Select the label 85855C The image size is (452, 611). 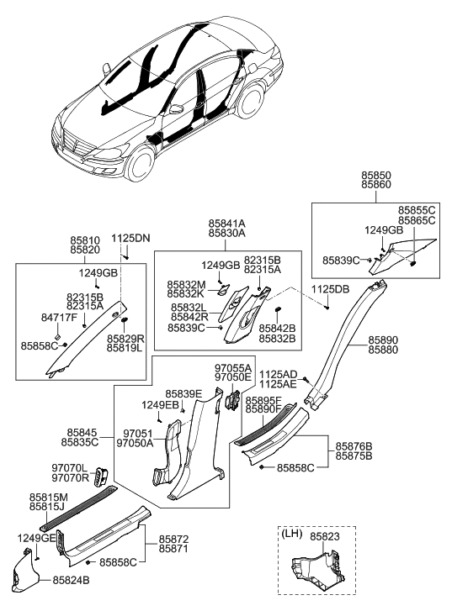coord(417,209)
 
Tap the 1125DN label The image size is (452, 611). coord(130,239)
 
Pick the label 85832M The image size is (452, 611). coord(185,285)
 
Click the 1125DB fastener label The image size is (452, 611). coord(330,289)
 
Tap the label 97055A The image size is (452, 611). coord(233,368)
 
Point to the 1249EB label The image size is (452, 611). coord(159,405)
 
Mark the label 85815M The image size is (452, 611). coord(48,497)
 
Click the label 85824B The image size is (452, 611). coord(71,580)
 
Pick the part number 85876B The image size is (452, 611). coord(354,446)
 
